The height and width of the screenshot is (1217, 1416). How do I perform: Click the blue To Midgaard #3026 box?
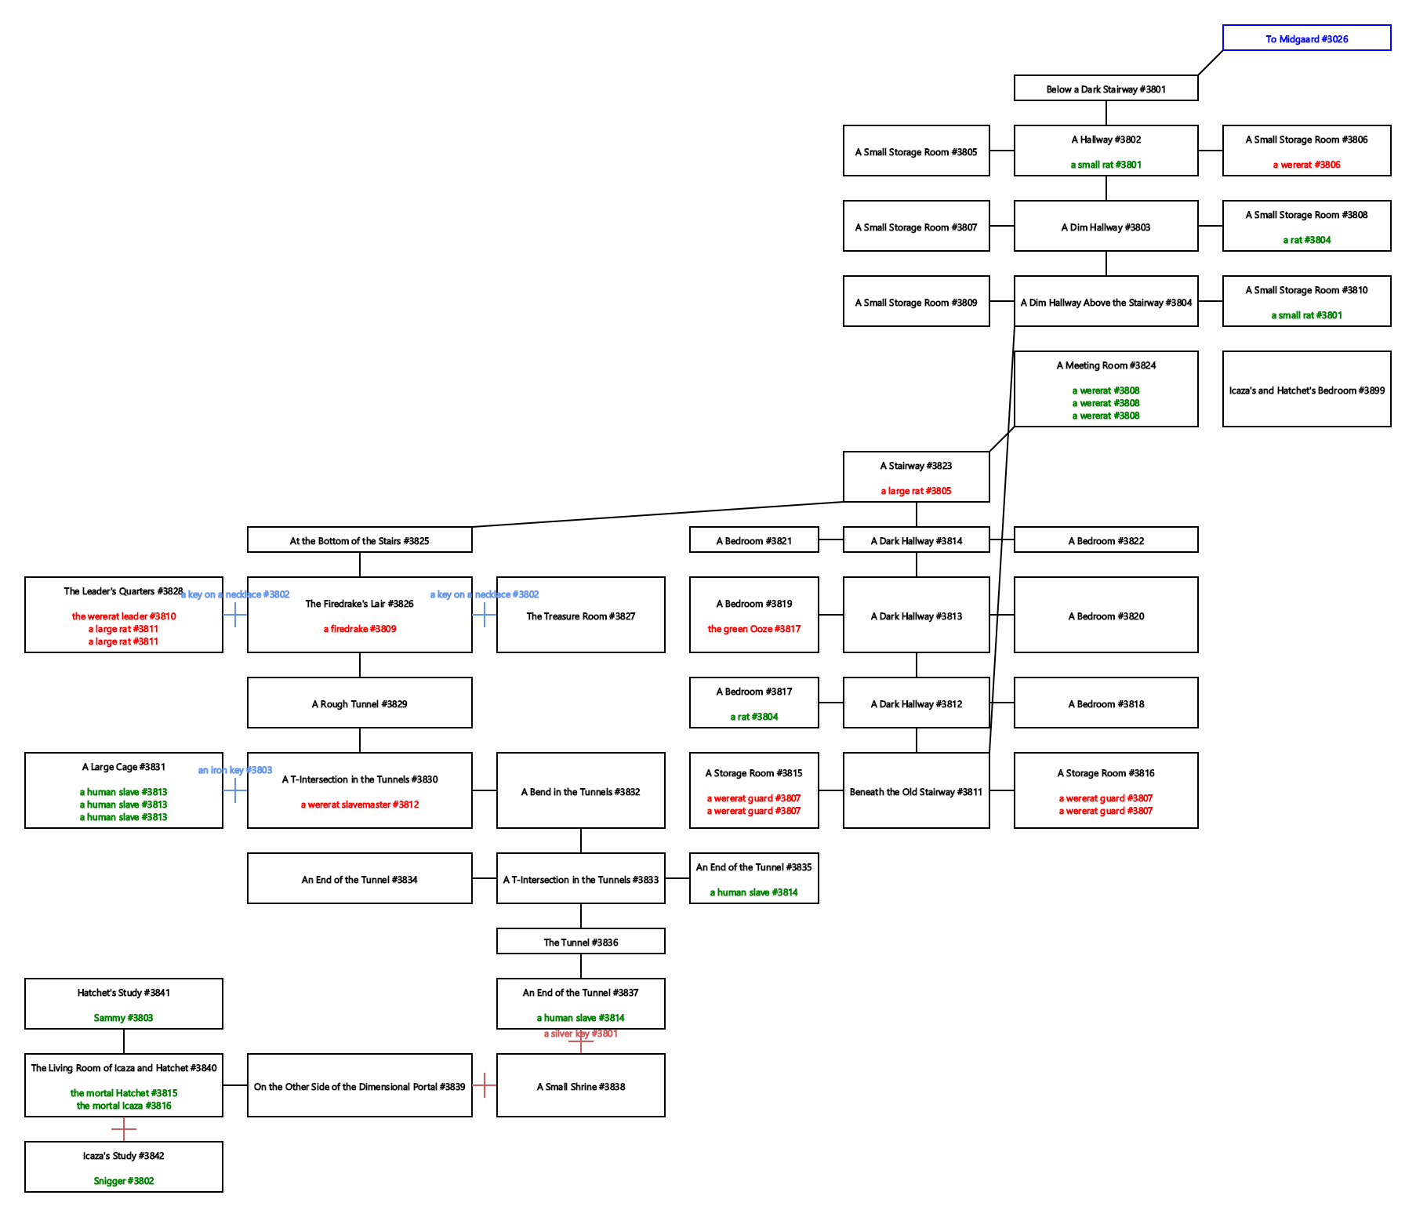pos(1306,38)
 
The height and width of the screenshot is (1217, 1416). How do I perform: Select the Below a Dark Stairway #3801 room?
pos(1106,89)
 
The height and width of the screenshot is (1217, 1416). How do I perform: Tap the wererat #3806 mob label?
pos(1306,165)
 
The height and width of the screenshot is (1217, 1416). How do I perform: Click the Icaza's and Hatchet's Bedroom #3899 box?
pos(1306,390)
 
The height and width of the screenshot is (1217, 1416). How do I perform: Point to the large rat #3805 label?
pos(916,491)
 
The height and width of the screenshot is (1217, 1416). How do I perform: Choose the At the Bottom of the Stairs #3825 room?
pos(359,540)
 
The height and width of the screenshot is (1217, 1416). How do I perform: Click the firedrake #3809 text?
pos(359,629)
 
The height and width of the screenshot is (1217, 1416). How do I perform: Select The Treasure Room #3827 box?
pos(580,616)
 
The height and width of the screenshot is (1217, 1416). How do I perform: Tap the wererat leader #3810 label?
pos(124,616)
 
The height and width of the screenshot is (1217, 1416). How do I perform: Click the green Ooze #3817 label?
pos(753,629)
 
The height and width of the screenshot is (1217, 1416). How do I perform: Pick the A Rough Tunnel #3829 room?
pos(359,703)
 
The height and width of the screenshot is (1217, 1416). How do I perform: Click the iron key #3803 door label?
pos(234,770)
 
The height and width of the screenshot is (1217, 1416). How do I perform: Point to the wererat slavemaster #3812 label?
pos(359,805)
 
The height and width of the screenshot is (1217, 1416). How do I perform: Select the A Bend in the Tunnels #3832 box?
pos(580,791)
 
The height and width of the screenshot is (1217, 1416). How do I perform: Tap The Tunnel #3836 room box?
pos(580,942)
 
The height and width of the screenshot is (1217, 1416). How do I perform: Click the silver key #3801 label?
pos(580,1034)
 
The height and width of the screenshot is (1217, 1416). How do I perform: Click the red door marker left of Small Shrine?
pos(485,1085)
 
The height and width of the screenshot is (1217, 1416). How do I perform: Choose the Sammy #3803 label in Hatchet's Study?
pos(123,1018)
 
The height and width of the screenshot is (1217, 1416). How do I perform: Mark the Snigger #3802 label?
pos(123,1181)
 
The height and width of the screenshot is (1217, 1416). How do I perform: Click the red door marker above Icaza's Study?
pos(124,1129)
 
